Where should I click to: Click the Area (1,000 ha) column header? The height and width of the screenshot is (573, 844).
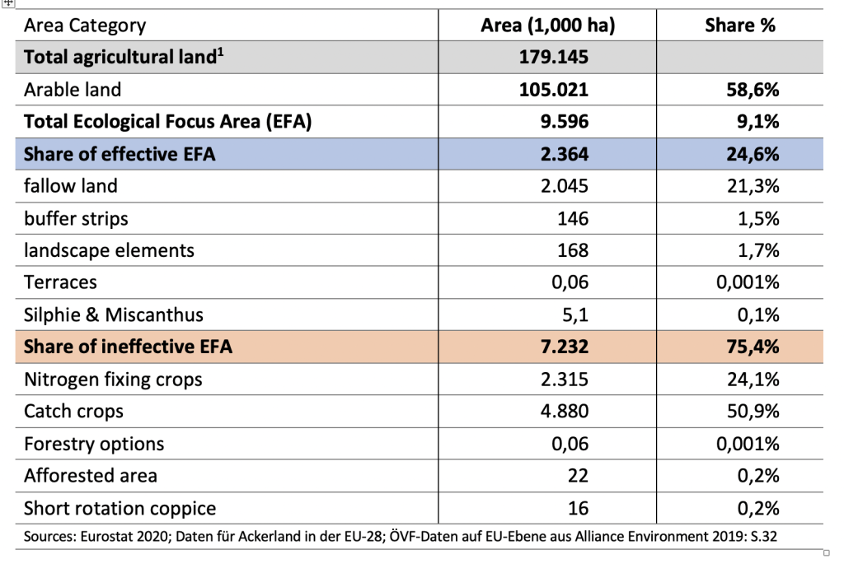point(547,26)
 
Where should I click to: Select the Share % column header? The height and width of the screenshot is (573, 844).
point(740,26)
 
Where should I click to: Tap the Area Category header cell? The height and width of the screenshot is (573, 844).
point(85,26)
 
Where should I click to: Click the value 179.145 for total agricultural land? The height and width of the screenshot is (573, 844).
point(553,57)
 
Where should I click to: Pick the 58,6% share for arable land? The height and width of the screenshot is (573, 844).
point(753,90)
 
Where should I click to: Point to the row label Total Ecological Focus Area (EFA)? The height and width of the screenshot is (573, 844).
point(167,122)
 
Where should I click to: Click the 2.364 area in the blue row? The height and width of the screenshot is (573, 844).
point(564,154)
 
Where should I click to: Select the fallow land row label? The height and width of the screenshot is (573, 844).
point(71,186)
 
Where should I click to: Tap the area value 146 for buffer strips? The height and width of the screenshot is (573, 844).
point(573,219)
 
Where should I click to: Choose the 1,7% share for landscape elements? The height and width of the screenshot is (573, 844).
point(758,250)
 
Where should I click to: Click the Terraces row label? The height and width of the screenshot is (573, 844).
point(60,282)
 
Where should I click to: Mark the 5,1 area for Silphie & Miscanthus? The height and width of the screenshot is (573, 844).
point(574,315)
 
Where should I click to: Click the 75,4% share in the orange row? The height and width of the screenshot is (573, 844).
point(753,347)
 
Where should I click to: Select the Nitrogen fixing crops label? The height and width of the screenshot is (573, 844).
point(113,380)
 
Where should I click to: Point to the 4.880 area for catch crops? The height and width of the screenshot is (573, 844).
point(564,411)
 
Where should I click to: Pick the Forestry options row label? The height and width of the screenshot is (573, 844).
point(94,444)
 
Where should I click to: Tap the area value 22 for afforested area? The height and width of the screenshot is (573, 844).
point(578,476)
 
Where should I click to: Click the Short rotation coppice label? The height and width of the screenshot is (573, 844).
point(120,509)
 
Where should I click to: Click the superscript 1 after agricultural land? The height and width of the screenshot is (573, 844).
point(221,52)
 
